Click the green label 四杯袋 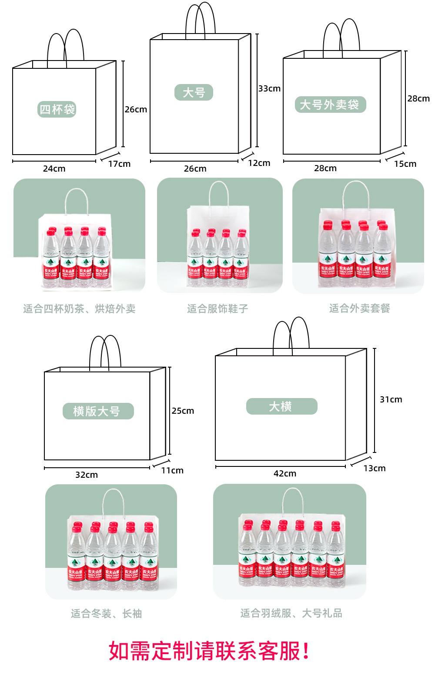[x=57, y=109]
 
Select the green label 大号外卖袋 [x=330, y=105]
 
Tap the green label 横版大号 [x=98, y=411]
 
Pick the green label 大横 [x=281, y=406]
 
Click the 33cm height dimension [x=269, y=88]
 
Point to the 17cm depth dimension [x=119, y=164]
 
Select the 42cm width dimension [x=285, y=474]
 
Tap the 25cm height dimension [x=183, y=411]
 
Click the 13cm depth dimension [x=375, y=469]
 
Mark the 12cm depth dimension [x=259, y=163]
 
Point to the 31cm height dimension [x=391, y=400]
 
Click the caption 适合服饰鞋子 [x=217, y=309]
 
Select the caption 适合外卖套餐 [x=359, y=308]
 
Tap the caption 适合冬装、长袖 [x=107, y=614]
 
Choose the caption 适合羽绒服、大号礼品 [x=291, y=613]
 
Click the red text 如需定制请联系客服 [x=209, y=651]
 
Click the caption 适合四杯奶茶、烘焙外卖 [x=79, y=309]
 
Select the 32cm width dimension [x=87, y=475]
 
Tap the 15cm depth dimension [x=405, y=164]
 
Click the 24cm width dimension [x=54, y=169]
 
